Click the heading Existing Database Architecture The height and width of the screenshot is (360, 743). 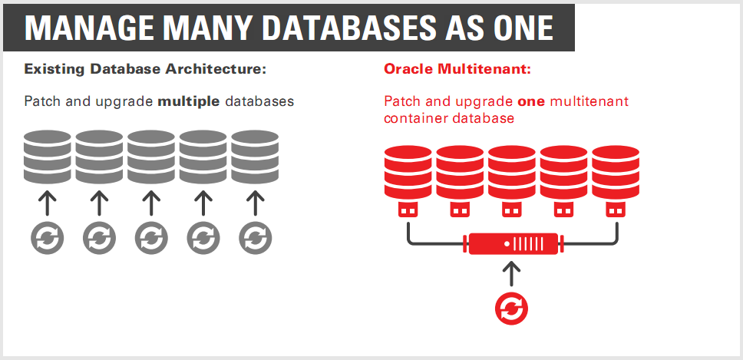(x=145, y=69)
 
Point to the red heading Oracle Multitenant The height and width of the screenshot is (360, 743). (x=457, y=69)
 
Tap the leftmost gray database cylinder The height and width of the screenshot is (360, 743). (x=47, y=156)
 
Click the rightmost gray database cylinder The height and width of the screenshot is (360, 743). (x=255, y=156)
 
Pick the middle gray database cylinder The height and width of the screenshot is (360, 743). (x=151, y=156)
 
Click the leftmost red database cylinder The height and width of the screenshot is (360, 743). (x=408, y=171)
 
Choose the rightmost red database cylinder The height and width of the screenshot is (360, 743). (x=616, y=171)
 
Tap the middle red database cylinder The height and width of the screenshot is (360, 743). (x=512, y=171)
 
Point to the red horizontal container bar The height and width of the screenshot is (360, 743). (x=512, y=245)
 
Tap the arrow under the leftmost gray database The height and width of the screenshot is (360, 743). (x=47, y=203)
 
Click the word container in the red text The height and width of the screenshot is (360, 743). (x=414, y=119)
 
